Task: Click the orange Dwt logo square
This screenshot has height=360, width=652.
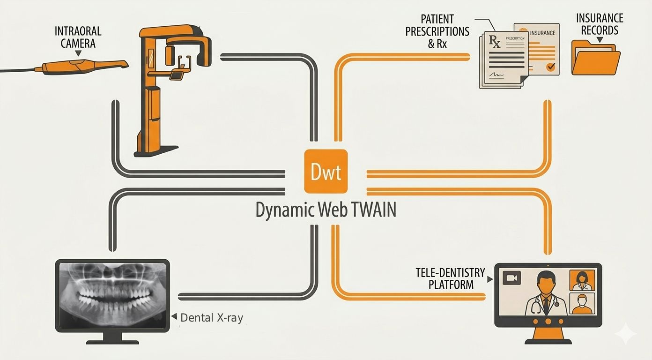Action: click(x=326, y=171)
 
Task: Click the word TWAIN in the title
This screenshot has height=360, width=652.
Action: click(x=371, y=210)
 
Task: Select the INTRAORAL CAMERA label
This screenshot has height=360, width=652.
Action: click(x=78, y=37)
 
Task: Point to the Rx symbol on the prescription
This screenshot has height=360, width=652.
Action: click(x=495, y=42)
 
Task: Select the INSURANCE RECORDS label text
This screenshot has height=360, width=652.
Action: click(x=600, y=24)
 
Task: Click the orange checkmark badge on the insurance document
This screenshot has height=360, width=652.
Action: click(x=550, y=67)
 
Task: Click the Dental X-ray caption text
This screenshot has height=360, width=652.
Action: click(x=212, y=318)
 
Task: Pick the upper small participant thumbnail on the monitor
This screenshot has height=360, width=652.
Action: click(x=581, y=280)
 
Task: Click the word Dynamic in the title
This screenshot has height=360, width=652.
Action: click(x=279, y=210)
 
